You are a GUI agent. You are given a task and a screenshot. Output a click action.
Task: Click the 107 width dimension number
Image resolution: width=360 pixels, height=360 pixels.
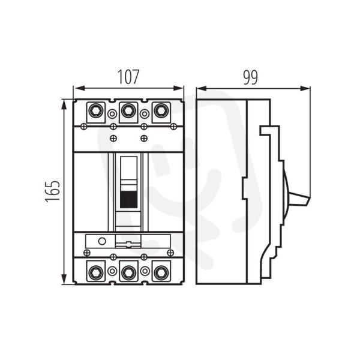(128, 77)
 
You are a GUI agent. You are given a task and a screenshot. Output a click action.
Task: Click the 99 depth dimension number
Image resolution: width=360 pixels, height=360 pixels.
(250, 77)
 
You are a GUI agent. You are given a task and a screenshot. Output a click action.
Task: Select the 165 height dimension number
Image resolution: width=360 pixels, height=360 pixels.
(53, 191)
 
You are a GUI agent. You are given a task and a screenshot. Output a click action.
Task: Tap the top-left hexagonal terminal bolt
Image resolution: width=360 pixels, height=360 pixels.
(96, 110)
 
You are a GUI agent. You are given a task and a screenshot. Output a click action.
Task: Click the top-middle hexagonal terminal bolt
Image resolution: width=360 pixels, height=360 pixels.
(128, 110)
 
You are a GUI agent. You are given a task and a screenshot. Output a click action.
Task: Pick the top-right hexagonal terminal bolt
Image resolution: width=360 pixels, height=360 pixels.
(161, 110)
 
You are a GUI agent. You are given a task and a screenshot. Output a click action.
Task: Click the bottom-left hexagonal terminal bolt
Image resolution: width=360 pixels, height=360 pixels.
(96, 272)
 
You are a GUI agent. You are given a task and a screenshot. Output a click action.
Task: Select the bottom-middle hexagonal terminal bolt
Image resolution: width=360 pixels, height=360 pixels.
(128, 272)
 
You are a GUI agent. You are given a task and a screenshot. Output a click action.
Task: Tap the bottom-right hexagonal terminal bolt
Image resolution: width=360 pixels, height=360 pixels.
(161, 272)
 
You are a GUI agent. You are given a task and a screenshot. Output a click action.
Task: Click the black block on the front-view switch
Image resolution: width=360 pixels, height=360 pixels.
(129, 199)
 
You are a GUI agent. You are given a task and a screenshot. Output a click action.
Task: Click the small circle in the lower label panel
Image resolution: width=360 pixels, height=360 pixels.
(102, 241)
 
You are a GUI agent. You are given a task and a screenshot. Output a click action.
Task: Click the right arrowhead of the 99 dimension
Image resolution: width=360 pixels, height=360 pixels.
(305, 88)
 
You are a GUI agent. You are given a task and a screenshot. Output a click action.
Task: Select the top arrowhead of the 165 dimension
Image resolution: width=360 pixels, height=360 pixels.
(65, 105)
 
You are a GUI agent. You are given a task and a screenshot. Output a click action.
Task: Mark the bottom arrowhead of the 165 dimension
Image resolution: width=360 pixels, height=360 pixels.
(65, 279)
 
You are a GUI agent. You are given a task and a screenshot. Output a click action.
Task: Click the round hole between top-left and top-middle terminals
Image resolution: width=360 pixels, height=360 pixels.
(112, 113)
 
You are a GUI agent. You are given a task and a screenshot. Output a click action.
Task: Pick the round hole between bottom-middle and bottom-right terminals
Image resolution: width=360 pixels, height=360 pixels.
(145, 271)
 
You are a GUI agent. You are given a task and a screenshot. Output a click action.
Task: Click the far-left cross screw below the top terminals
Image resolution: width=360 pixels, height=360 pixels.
(84, 126)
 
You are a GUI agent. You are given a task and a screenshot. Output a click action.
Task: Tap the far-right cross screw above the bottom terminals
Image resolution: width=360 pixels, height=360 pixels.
(170, 253)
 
